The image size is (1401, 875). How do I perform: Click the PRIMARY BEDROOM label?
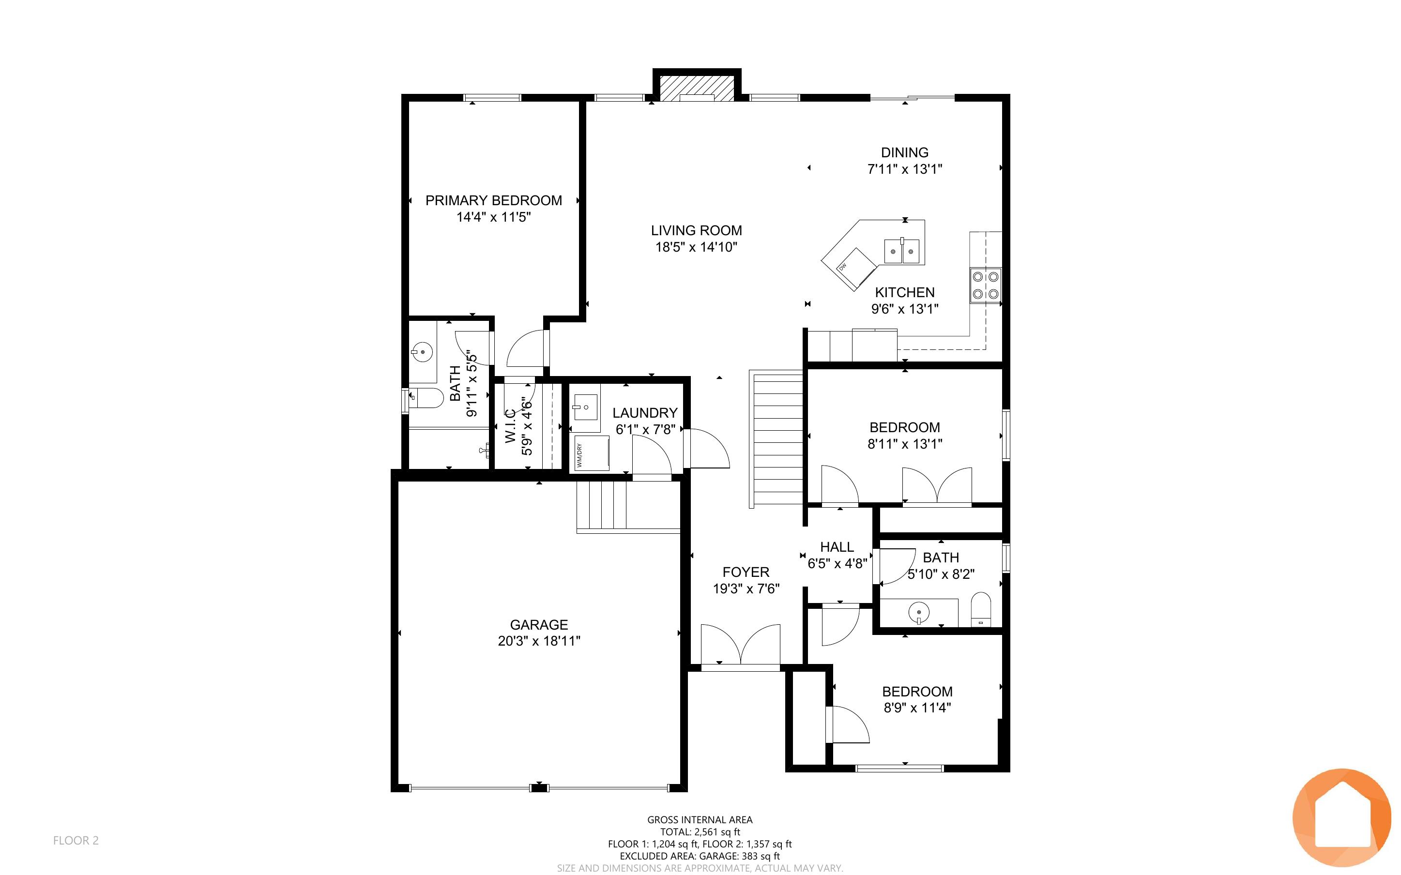tap(494, 200)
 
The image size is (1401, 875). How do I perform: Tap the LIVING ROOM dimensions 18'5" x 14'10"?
tap(696, 247)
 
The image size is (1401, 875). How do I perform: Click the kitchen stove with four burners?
tap(986, 286)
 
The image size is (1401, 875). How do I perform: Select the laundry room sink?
tap(584, 407)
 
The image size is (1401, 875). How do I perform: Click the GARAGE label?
tap(539, 624)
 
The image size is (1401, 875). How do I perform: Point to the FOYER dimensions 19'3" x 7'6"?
tap(746, 588)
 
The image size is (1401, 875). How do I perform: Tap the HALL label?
tap(837, 547)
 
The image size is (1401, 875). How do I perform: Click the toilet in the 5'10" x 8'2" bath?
tap(980, 609)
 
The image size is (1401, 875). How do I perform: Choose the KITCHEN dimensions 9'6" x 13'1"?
tap(904, 309)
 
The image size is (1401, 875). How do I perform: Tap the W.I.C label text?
tap(510, 426)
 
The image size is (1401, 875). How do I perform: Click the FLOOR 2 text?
tap(76, 840)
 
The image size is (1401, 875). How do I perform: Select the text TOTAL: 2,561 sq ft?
tap(700, 831)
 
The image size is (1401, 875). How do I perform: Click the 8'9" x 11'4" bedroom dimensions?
tap(917, 708)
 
